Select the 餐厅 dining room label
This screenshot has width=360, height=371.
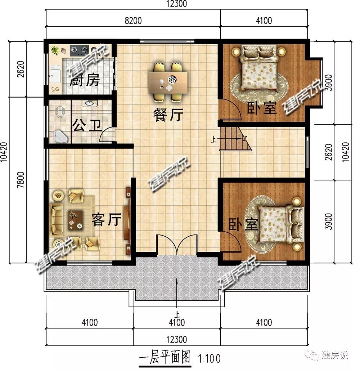[x=168, y=115]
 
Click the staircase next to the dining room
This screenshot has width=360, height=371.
[x=234, y=139]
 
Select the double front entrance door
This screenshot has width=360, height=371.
[x=177, y=245]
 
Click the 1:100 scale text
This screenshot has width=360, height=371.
[x=209, y=358]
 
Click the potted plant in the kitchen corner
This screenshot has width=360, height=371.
[x=55, y=50]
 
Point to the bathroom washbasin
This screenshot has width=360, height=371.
[x=89, y=104]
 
